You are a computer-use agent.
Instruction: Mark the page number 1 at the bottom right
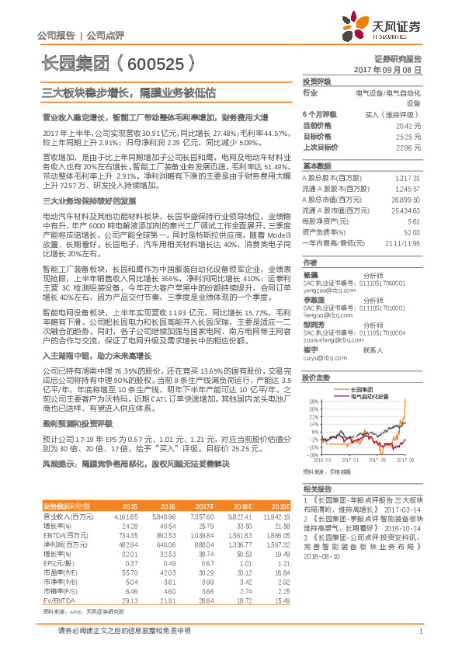420,632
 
